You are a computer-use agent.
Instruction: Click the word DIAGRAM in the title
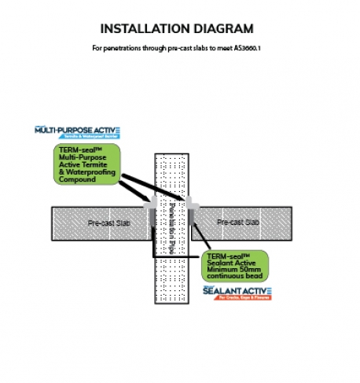[225, 30]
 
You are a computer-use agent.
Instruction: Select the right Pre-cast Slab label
[240, 223]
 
